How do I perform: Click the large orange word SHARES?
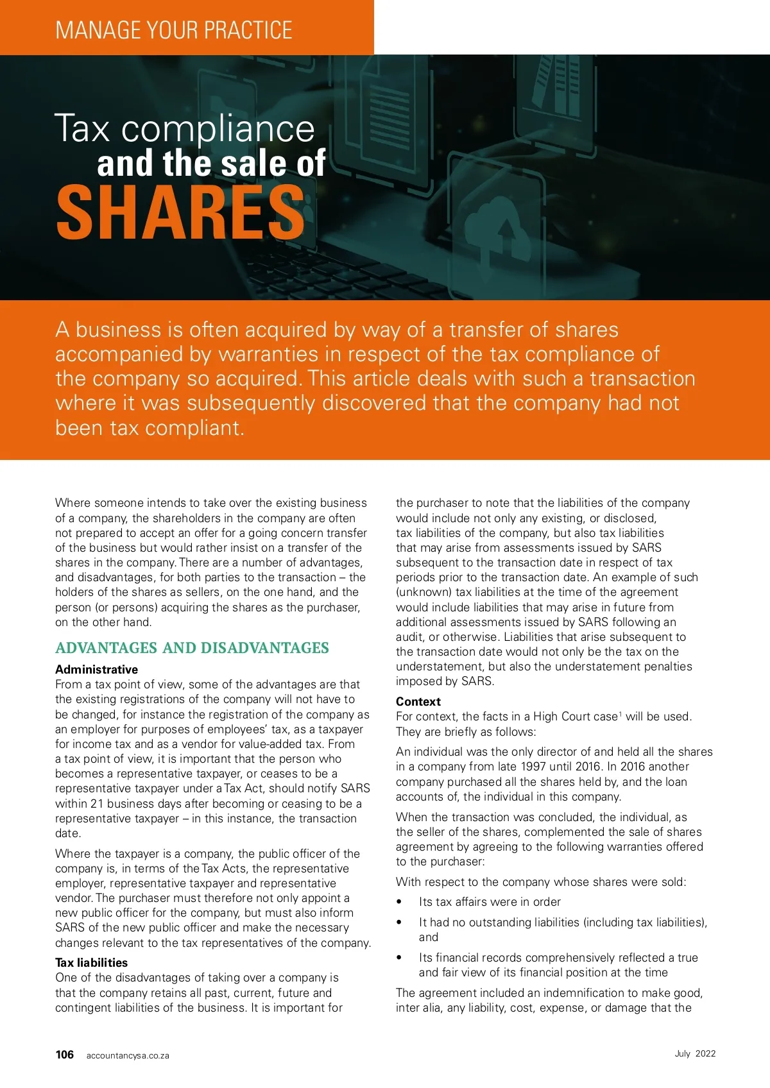point(180,212)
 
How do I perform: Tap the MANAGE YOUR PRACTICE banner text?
point(174,30)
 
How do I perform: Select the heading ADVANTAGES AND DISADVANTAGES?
point(192,648)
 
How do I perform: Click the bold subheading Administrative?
point(96,669)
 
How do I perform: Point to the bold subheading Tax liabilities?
point(91,962)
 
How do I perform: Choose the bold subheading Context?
point(418,701)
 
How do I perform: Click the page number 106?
point(65,1055)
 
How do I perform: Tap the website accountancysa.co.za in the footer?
point(128,1055)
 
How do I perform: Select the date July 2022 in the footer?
point(695,1053)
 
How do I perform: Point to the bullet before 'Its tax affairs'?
point(400,902)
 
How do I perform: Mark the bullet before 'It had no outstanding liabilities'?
point(400,922)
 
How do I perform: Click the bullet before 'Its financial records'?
point(400,958)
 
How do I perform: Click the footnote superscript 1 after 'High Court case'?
point(620,713)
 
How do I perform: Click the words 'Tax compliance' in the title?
point(185,128)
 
